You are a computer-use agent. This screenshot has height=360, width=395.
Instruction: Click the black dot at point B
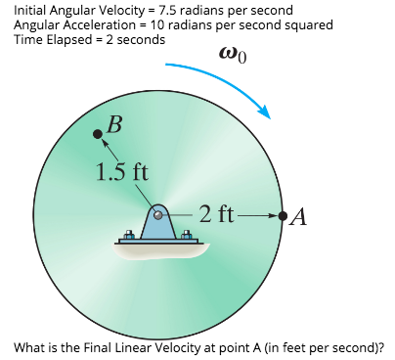click(x=97, y=134)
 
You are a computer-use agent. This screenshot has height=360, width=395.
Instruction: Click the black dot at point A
click(x=283, y=215)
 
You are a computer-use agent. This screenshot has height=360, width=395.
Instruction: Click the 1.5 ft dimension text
click(x=122, y=173)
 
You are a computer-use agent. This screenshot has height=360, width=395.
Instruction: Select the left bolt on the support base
click(x=127, y=235)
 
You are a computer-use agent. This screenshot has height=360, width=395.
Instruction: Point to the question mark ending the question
click(x=382, y=347)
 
